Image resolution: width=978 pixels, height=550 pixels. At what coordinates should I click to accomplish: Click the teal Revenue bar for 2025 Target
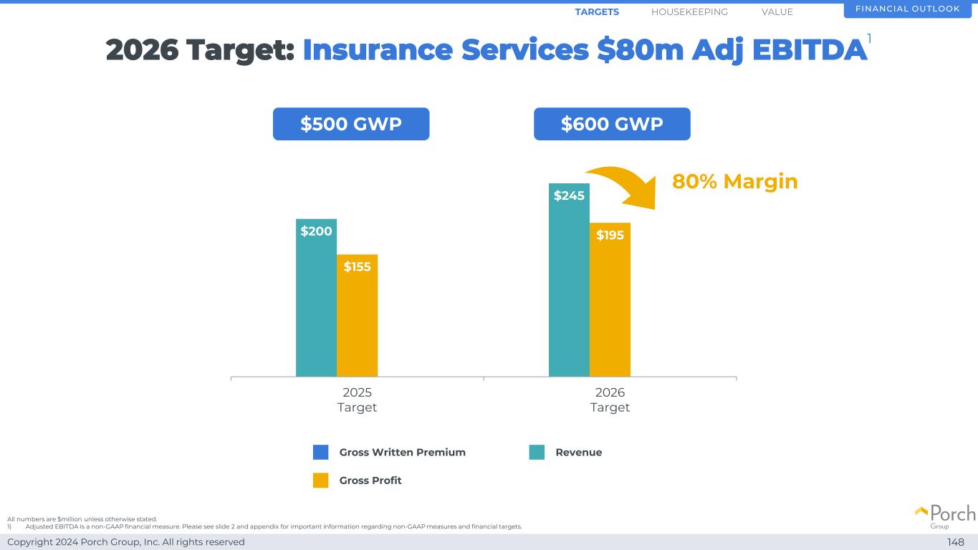[x=316, y=308]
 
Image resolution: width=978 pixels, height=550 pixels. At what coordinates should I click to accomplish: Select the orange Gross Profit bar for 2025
[x=357, y=322]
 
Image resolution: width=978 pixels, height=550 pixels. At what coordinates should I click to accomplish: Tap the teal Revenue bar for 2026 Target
[x=569, y=286]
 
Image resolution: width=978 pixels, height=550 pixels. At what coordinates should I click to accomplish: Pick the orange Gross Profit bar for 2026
[x=610, y=308]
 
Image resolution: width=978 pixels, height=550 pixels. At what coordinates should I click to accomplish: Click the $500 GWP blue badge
[x=351, y=124]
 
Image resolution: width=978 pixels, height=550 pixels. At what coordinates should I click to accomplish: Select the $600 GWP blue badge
[x=612, y=124]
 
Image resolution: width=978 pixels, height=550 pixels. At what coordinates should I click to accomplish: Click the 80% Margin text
[x=734, y=181]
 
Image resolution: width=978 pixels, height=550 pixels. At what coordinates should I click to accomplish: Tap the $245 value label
[x=569, y=196]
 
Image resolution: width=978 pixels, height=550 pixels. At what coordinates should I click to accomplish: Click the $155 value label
[x=357, y=267]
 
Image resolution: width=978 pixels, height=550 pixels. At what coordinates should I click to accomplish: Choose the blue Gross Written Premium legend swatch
[x=321, y=453]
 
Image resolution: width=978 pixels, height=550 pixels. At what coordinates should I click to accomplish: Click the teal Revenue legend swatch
[x=537, y=453]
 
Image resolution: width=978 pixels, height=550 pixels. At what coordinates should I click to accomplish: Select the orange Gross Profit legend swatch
[x=321, y=481]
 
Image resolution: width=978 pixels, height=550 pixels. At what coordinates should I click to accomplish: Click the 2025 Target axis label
[x=357, y=400]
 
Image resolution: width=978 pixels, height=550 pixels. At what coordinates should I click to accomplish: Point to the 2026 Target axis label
[x=610, y=400]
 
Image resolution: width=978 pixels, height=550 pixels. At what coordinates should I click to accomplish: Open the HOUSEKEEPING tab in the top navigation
[x=689, y=12]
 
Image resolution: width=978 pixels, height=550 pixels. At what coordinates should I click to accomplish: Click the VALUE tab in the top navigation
[x=777, y=12]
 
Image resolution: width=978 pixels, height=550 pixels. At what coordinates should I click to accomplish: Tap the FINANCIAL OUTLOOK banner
[x=907, y=9]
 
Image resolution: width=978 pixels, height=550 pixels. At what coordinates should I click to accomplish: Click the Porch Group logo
[x=945, y=516]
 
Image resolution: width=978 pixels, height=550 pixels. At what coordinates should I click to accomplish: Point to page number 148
[x=956, y=542]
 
